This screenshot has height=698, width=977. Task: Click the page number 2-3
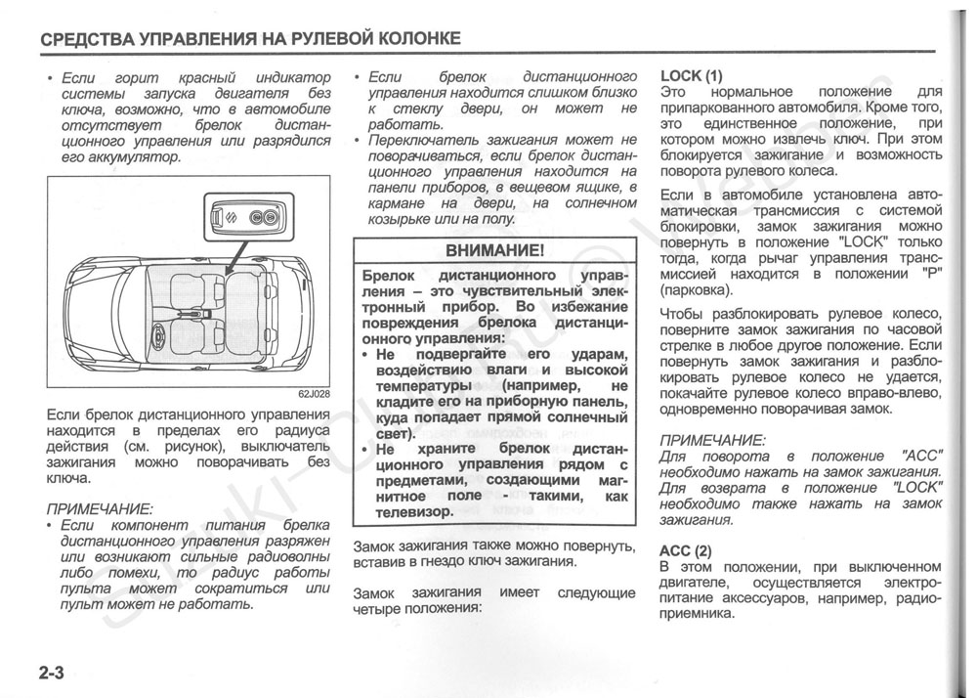52,674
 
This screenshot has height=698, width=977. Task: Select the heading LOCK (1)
692,75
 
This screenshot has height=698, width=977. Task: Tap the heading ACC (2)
686,550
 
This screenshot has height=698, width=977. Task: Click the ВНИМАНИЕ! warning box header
494,250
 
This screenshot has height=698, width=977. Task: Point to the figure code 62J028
313,394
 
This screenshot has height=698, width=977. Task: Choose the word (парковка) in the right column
695,290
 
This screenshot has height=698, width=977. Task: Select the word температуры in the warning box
410,386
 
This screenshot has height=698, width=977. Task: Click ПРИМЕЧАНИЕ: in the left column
100,508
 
